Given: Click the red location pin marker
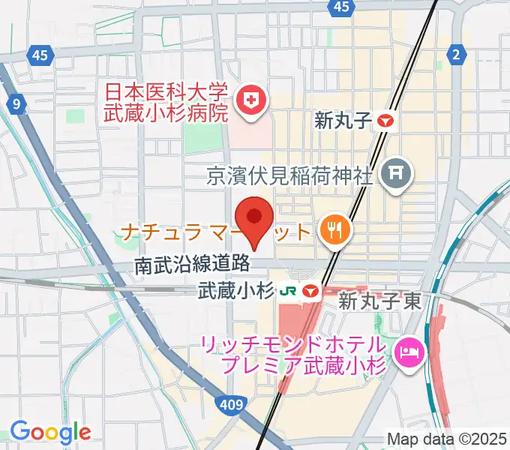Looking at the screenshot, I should click(254, 221).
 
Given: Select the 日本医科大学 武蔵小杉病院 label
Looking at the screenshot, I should click(165, 103).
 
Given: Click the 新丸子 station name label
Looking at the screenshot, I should click(343, 121).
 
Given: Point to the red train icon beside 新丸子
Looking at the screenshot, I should click(385, 121).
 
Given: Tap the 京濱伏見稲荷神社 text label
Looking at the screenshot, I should click(290, 176).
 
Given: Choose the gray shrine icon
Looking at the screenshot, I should click(397, 175).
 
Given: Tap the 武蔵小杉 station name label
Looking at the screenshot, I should click(234, 290).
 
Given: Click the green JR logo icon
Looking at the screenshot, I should click(287, 291).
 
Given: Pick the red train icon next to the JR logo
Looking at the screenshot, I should click(310, 291).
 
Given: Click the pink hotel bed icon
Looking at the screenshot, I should click(409, 349).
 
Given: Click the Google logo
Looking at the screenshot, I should click(50, 432).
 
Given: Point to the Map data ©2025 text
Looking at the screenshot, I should click(445, 438).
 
